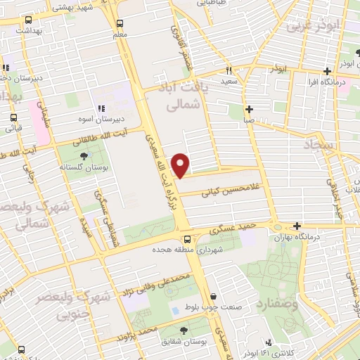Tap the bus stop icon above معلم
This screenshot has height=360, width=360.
tap(120, 22)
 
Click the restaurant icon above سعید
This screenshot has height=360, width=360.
tap(229, 71)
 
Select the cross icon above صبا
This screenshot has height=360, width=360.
tap(249, 109)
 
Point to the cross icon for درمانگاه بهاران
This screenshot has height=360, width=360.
tap(297, 226)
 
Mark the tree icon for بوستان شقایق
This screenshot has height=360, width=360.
tap(184, 330)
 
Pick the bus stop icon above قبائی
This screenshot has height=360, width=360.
tap(13, 118)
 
